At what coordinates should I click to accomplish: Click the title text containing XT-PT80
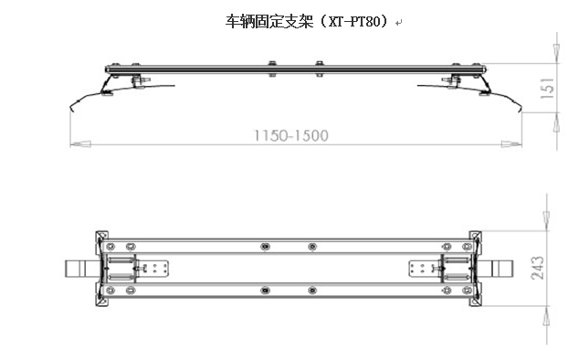tap(306, 20)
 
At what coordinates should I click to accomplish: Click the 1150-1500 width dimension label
tap(290, 135)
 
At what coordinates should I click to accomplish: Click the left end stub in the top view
tap(76, 269)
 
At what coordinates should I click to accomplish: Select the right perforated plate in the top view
tap(423, 269)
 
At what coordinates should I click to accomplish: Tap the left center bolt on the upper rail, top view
tap(264, 247)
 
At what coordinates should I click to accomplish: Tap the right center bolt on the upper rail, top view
tap(312, 247)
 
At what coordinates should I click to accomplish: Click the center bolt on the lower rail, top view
tap(264, 291)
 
